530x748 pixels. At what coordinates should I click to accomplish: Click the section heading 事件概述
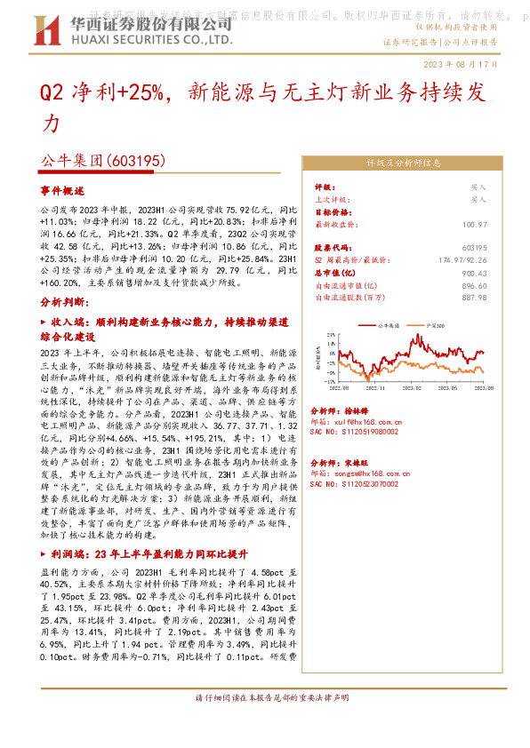click(62, 191)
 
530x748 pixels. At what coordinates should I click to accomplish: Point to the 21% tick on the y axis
click(331, 335)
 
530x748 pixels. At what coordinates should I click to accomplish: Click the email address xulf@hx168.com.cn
click(358, 421)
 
